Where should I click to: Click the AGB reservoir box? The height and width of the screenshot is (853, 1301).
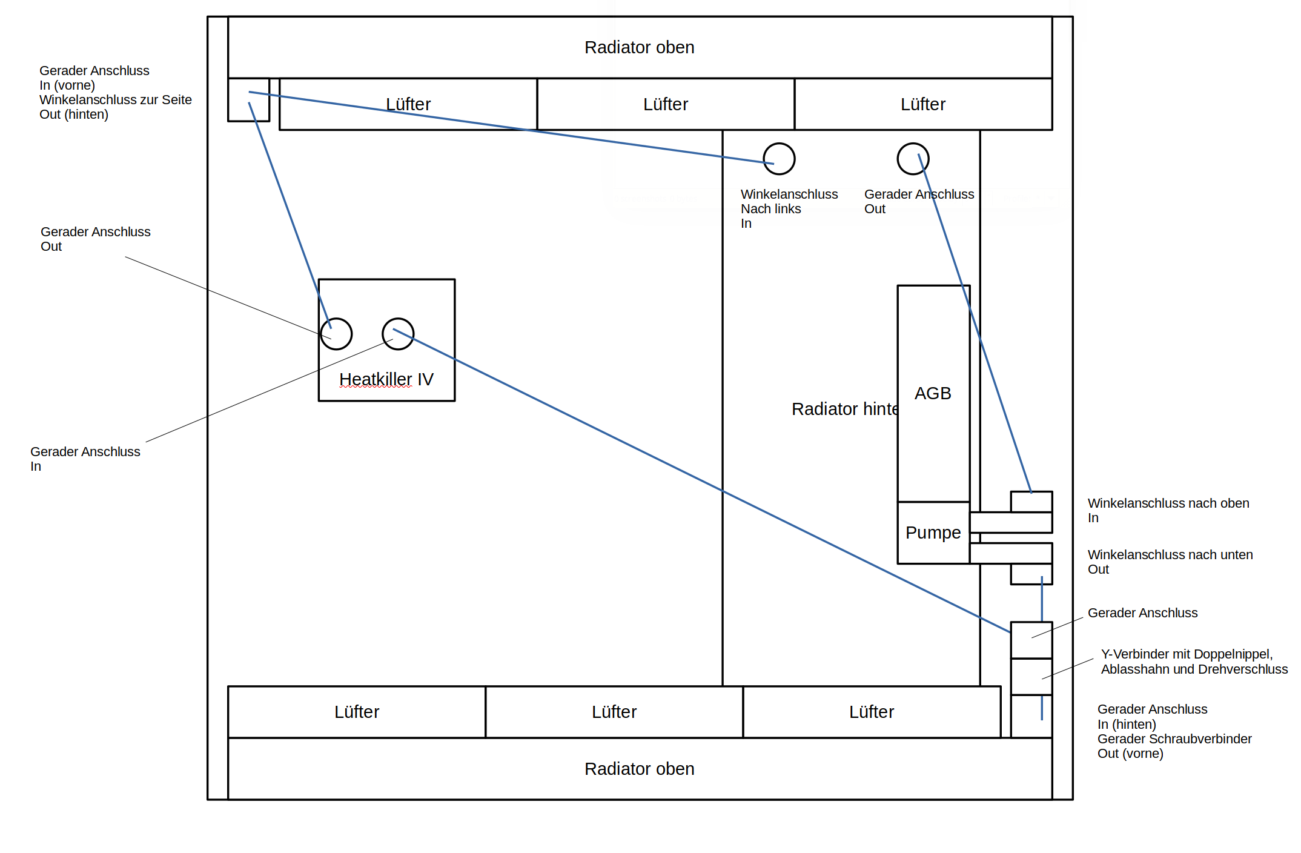pyautogui.click(x=933, y=394)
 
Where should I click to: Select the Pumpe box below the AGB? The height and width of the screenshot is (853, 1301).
pyautogui.click(x=933, y=533)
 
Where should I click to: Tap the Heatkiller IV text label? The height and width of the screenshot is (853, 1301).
pyautogui.click(x=386, y=379)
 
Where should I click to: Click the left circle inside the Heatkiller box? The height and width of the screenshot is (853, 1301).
pyautogui.click(x=336, y=334)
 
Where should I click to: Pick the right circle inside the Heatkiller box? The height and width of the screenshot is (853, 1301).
pyautogui.click(x=398, y=334)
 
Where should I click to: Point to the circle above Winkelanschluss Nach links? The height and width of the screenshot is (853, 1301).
pyautogui.click(x=779, y=159)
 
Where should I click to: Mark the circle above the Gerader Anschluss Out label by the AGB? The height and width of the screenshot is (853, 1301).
pyautogui.click(x=913, y=159)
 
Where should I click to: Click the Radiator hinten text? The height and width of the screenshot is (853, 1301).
pyautogui.click(x=845, y=409)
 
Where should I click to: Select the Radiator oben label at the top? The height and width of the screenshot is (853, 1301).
pyautogui.click(x=639, y=47)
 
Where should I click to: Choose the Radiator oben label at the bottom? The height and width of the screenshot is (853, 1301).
pyautogui.click(x=639, y=769)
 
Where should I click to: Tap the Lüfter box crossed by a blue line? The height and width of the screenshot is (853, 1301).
pyautogui.click(x=408, y=104)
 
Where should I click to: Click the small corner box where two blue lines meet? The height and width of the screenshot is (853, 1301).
pyautogui.click(x=248, y=100)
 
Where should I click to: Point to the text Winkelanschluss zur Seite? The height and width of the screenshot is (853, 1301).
pyautogui.click(x=115, y=100)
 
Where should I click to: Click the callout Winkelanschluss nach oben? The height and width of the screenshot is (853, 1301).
pyautogui.click(x=1168, y=503)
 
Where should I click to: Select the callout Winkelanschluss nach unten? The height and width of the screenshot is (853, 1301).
pyautogui.click(x=1170, y=555)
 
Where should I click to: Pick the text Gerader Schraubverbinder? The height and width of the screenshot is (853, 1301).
pyautogui.click(x=1174, y=739)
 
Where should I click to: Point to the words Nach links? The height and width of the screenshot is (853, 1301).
pyautogui.click(x=770, y=209)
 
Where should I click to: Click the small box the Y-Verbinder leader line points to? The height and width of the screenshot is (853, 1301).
pyautogui.click(x=1031, y=677)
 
